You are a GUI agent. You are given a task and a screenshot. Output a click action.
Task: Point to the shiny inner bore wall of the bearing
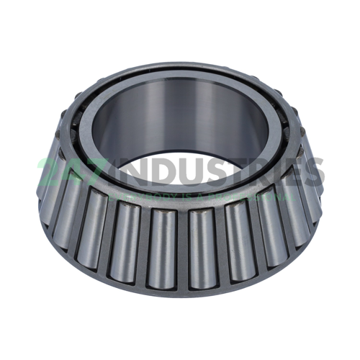[180, 115]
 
